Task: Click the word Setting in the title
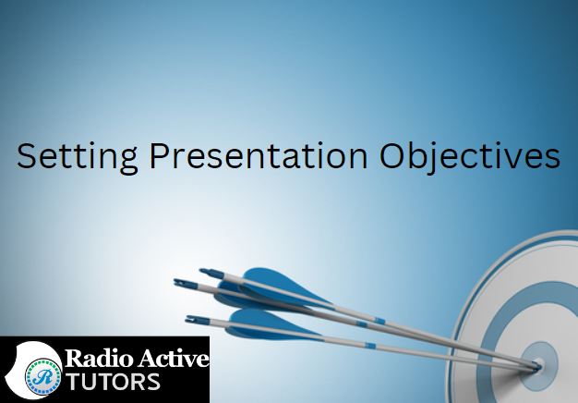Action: (77, 157)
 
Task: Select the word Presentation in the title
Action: (258, 155)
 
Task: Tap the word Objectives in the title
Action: (470, 157)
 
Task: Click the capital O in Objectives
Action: (392, 155)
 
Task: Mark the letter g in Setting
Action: (128, 161)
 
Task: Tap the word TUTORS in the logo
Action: (113, 382)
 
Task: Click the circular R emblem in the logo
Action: (43, 377)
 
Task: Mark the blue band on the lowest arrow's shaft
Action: (370, 346)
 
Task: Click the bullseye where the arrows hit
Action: (537, 365)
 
